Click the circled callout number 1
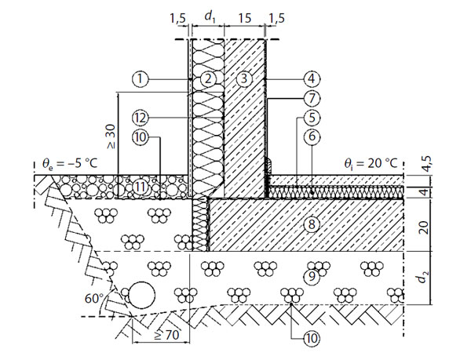(140, 79)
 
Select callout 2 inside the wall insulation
(208, 79)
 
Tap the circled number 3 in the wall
(244, 79)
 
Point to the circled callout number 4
(312, 79)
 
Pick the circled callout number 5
(312, 118)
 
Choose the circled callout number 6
(312, 136)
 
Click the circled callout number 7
(312, 98)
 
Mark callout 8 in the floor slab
(312, 224)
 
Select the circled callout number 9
(312, 276)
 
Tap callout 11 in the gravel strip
(141, 187)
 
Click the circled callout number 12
(141, 118)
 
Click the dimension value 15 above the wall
(245, 18)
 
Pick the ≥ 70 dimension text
(167, 335)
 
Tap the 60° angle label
(93, 299)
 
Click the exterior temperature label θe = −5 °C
(70, 163)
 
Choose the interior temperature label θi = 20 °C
(371, 163)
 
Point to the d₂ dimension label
(423, 278)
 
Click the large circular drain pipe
(142, 295)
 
